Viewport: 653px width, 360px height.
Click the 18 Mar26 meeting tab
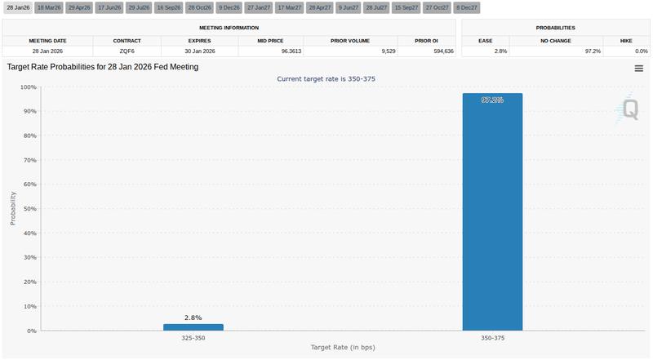(48, 7)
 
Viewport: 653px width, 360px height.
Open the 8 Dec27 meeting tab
(468, 7)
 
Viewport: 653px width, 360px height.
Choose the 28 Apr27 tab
(320, 7)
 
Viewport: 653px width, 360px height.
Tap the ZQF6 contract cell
(126, 51)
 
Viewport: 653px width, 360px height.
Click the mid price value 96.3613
(269, 51)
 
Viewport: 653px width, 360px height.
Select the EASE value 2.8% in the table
(485, 51)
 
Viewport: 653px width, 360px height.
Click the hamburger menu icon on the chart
(638, 69)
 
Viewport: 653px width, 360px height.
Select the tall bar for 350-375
(492, 212)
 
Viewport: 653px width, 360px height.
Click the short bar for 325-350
(193, 327)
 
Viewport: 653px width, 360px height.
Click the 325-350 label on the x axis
(193, 337)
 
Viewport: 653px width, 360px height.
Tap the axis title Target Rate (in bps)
(343, 348)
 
